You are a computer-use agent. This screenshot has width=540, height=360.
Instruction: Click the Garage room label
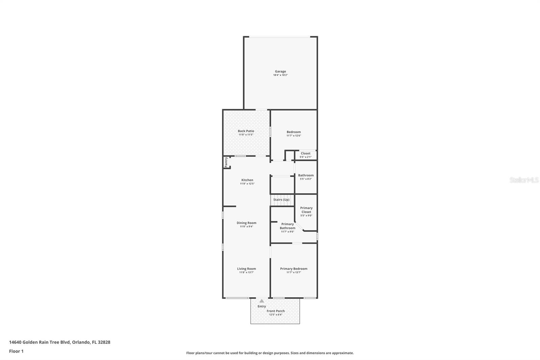point(280,71)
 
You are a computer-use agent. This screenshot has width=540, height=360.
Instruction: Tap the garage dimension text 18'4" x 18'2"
point(280,75)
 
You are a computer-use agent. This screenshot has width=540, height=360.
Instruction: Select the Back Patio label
point(246,131)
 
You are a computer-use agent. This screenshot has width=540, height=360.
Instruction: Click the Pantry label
point(226,162)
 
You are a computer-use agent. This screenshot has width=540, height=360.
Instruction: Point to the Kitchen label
point(247,180)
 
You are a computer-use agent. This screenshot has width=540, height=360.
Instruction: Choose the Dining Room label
point(246,223)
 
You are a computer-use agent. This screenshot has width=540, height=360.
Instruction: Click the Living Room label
point(246,269)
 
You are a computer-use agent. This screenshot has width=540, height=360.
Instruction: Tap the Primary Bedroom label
point(294,269)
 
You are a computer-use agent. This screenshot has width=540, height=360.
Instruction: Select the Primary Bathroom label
point(288,226)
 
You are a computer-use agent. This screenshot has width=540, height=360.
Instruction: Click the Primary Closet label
point(306,210)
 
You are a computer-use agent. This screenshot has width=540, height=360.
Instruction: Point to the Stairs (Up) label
point(281,200)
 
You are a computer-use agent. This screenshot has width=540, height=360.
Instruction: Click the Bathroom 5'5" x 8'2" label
point(306,175)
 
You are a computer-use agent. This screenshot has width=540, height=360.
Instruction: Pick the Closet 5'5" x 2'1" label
point(305,153)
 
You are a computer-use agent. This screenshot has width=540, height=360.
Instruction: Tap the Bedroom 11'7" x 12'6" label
point(294,132)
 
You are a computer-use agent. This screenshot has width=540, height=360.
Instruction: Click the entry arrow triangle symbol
point(262,301)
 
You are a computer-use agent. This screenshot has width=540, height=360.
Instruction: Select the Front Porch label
point(276,311)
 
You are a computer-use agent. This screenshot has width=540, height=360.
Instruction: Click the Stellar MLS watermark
point(524,180)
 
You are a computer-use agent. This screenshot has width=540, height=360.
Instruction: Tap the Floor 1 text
point(16,351)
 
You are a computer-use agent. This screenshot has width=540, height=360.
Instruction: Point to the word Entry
point(262,306)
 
